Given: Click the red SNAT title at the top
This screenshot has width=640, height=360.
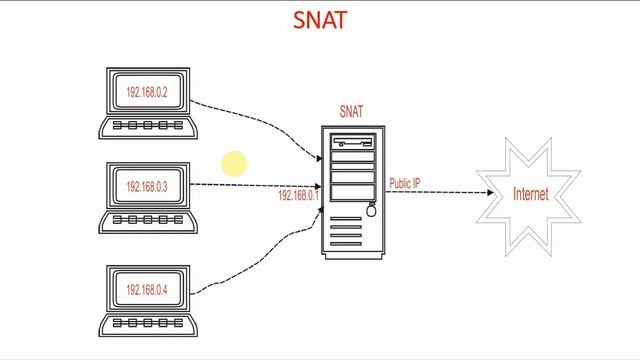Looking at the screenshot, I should (320, 20).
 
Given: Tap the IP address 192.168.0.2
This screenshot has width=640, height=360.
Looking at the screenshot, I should (147, 92).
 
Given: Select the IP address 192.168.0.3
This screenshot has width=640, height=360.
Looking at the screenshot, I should (147, 187).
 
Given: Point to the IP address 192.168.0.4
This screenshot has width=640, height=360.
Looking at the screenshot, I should (147, 290).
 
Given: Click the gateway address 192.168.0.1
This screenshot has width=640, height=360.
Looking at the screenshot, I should (297, 196).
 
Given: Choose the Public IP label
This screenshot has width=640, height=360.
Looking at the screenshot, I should (405, 183).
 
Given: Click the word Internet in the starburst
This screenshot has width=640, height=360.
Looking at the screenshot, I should (530, 194).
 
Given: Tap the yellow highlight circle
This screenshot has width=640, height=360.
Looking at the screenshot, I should (234, 164).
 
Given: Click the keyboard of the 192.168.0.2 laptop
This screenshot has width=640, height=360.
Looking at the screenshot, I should (147, 127).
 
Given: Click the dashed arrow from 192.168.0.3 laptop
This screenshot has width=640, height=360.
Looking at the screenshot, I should (255, 185).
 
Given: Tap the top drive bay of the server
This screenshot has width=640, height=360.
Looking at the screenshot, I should (351, 144).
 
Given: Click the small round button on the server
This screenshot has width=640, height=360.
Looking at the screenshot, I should (371, 211).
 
